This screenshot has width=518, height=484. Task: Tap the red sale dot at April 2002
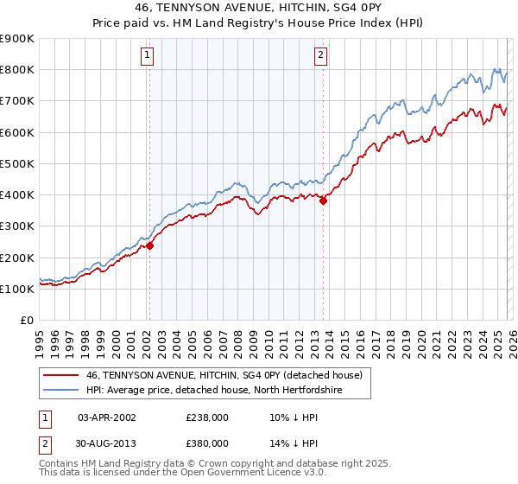pos(149,245)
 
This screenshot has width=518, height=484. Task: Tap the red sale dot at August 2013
pos(323,201)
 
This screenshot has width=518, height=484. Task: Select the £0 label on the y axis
pos(25,320)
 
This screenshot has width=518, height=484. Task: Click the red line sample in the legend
pos(60,375)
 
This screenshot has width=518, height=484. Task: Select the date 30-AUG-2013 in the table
pos(106,443)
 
